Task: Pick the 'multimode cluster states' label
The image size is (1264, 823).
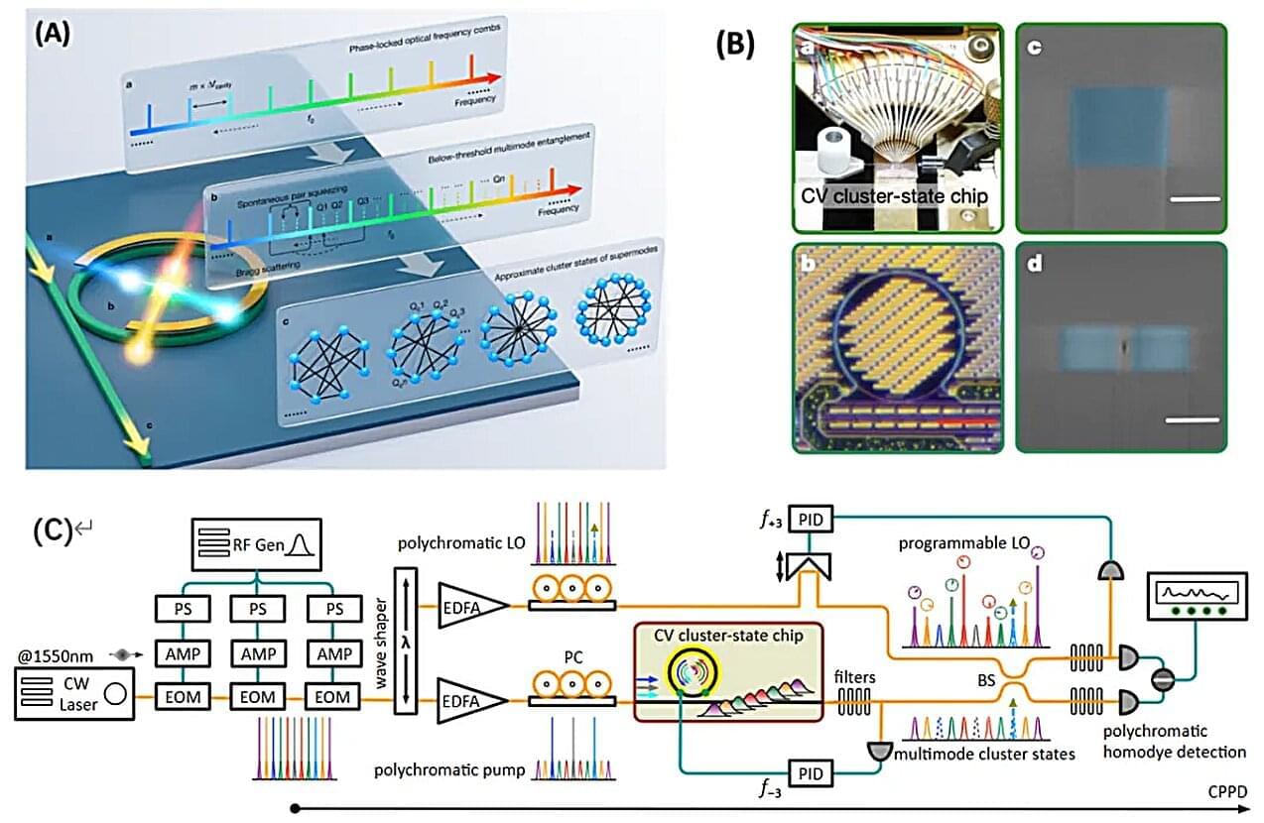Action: click(x=981, y=755)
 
